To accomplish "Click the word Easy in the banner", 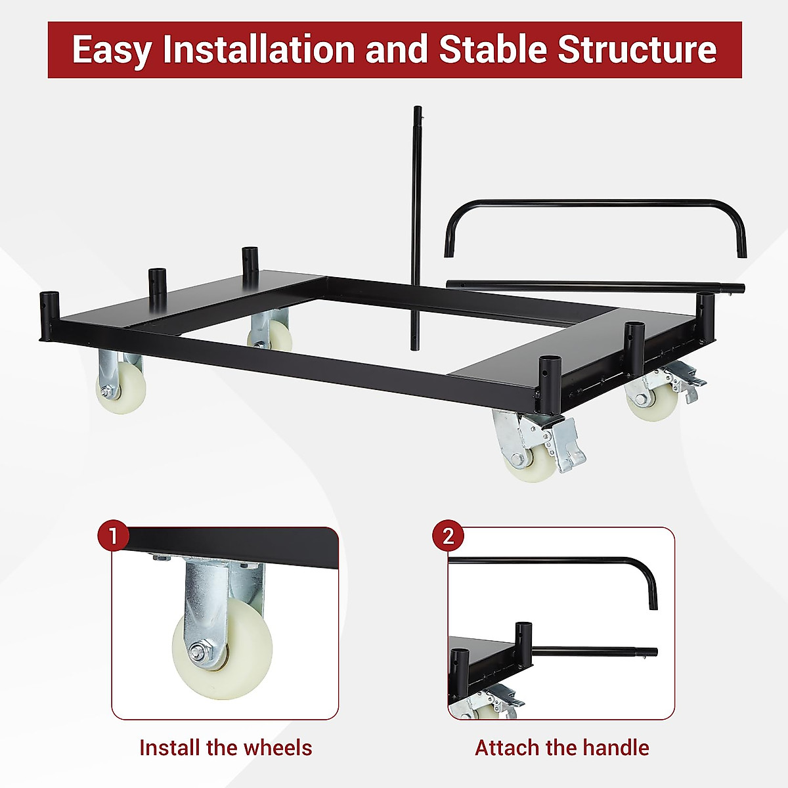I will click(112, 50).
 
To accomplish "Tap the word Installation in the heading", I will click(261, 50).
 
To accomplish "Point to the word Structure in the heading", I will click(637, 50).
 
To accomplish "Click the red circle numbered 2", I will click(448, 536).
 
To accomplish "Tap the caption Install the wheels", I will click(225, 747).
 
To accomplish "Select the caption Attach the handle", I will click(561, 747).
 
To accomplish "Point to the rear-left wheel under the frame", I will click(273, 335).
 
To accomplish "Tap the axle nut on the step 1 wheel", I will click(196, 653).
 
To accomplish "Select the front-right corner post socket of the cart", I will click(546, 374).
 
